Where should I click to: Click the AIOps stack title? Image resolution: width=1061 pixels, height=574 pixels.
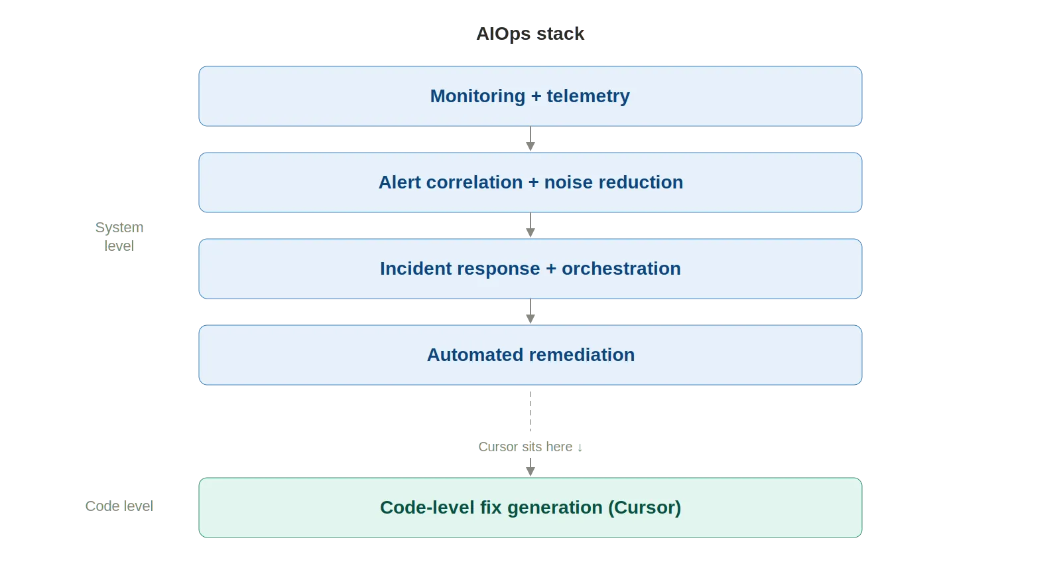tap(530, 34)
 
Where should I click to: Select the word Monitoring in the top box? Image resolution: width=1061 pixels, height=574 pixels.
tap(477, 96)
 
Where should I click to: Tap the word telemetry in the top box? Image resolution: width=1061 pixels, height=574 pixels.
tap(588, 96)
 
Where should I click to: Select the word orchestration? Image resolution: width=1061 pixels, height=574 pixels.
tap(621, 269)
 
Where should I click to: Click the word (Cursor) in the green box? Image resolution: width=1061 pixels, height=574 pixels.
tap(645, 508)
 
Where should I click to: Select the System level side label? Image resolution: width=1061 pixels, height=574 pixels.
tap(119, 236)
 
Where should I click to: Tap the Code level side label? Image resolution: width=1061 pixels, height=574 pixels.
tap(119, 506)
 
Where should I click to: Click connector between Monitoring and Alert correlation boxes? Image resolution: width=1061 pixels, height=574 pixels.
tap(530, 139)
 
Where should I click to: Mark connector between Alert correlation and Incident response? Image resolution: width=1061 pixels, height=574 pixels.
tap(530, 226)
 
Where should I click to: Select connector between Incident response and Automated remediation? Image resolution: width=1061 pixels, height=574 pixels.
tap(530, 312)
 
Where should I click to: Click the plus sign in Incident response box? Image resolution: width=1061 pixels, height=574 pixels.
tap(551, 269)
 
